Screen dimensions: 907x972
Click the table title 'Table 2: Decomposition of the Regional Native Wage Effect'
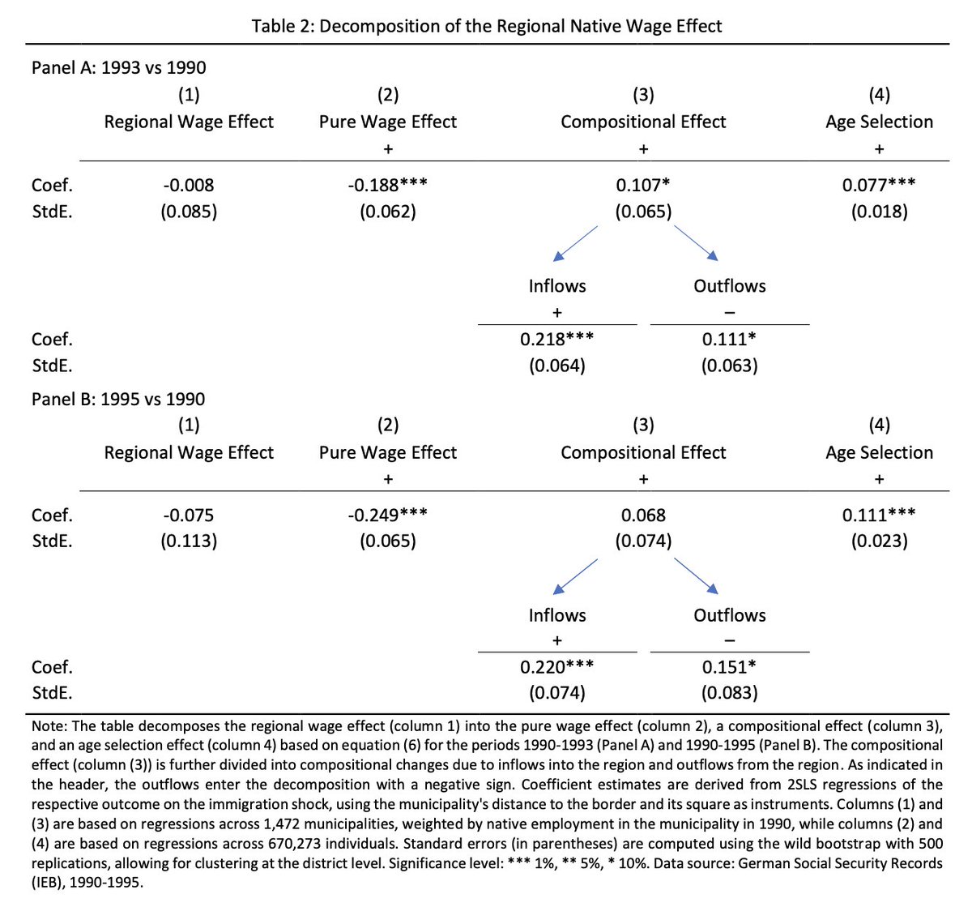pyautogui.click(x=486, y=26)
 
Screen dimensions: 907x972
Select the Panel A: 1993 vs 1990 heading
pyautogui.click(x=118, y=68)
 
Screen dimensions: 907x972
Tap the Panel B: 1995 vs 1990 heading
pyautogui.click(x=118, y=399)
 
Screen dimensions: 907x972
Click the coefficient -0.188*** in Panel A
pyautogui.click(x=388, y=185)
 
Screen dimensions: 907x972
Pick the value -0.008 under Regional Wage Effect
pyautogui.click(x=189, y=185)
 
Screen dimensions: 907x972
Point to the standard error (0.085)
pyautogui.click(x=189, y=212)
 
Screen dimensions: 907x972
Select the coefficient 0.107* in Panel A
pyautogui.click(x=643, y=185)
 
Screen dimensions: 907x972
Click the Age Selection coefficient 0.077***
pyautogui.click(x=879, y=185)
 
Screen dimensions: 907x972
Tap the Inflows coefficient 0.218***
pyautogui.click(x=556, y=339)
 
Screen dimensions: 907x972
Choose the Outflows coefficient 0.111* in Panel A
pyautogui.click(x=729, y=339)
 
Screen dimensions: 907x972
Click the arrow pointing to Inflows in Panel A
pyautogui.click(x=575, y=243)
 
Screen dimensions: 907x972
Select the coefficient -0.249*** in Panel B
pyautogui.click(x=388, y=515)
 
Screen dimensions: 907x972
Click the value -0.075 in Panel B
pyautogui.click(x=189, y=515)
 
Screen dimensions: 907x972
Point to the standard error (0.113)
pyautogui.click(x=189, y=541)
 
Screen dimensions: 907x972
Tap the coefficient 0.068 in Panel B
pyautogui.click(x=643, y=515)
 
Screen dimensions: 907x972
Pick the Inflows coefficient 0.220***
pyautogui.click(x=556, y=667)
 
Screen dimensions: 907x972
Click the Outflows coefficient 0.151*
pyautogui.click(x=729, y=667)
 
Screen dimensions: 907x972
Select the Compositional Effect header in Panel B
pyautogui.click(x=643, y=452)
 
